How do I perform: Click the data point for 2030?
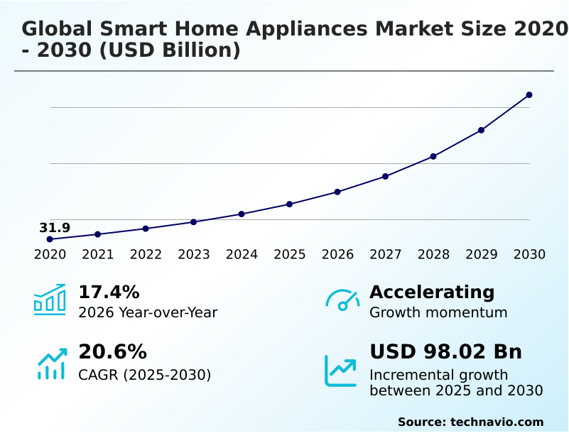(x=529, y=94)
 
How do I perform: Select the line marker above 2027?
(x=385, y=176)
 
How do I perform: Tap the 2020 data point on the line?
(x=50, y=239)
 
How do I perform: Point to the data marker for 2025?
(x=289, y=204)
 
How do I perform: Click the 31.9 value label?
(x=55, y=228)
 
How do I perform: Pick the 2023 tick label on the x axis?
(x=194, y=255)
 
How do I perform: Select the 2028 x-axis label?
(x=433, y=255)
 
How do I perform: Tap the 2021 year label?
(x=98, y=255)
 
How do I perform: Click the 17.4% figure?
(x=109, y=292)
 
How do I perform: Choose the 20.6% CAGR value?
(x=112, y=352)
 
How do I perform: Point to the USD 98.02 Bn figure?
(x=445, y=352)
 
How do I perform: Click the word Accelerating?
(x=432, y=292)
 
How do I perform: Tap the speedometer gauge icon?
(x=342, y=300)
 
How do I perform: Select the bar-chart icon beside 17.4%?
(x=50, y=300)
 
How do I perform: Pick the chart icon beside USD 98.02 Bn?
(x=341, y=371)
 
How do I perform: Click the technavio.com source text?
(x=497, y=422)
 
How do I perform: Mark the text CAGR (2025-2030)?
(x=144, y=375)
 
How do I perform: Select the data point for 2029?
(x=481, y=130)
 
